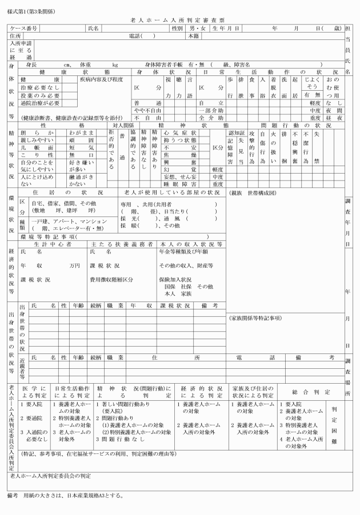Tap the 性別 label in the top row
pyautogui.click(x=178, y=28)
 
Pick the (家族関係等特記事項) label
pyautogui.click(x=258, y=317)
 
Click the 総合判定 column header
pyautogui.click(x=311, y=392)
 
